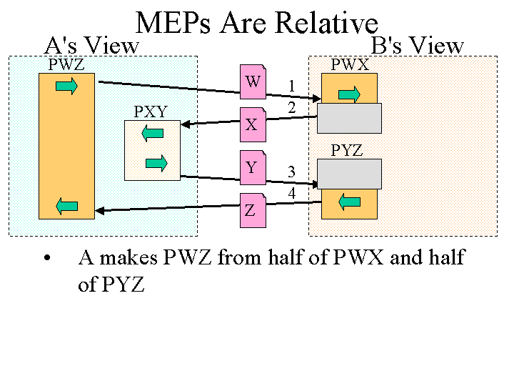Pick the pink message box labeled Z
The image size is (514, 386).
click(x=251, y=211)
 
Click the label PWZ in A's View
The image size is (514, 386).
click(x=66, y=65)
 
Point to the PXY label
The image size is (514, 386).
click(x=151, y=112)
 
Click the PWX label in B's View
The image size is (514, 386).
click(x=350, y=65)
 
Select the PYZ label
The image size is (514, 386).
click(x=347, y=150)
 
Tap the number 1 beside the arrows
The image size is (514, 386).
click(x=291, y=86)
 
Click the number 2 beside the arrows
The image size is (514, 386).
click(x=291, y=107)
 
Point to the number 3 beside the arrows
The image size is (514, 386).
click(x=291, y=172)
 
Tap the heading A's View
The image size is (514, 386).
click(x=91, y=46)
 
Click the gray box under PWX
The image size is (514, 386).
click(x=349, y=118)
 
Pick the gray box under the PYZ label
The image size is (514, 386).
click(x=349, y=174)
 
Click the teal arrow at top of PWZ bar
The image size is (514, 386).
click(x=66, y=86)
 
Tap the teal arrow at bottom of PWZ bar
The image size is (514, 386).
click(x=66, y=207)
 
